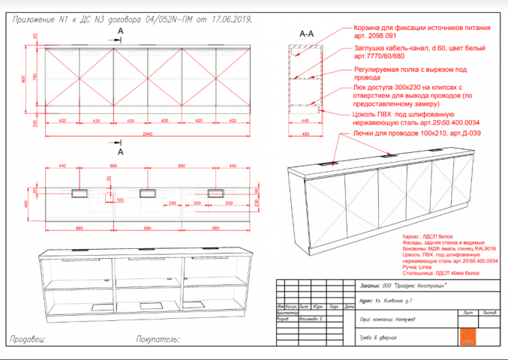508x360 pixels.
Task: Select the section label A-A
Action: (x=306, y=34)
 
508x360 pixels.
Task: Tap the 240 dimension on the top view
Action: (x=172, y=203)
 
